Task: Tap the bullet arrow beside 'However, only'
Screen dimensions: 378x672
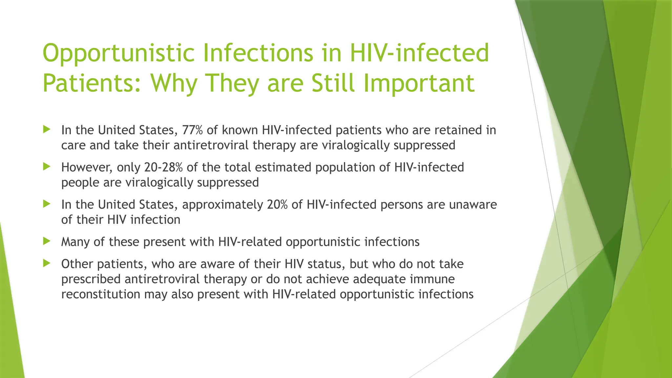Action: coord(47,167)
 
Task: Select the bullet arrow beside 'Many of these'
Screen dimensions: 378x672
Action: coord(47,241)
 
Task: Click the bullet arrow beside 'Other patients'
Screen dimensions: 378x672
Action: coord(47,263)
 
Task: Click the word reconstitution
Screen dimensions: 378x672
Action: coord(101,294)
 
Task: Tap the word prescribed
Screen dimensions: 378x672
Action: coord(91,279)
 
